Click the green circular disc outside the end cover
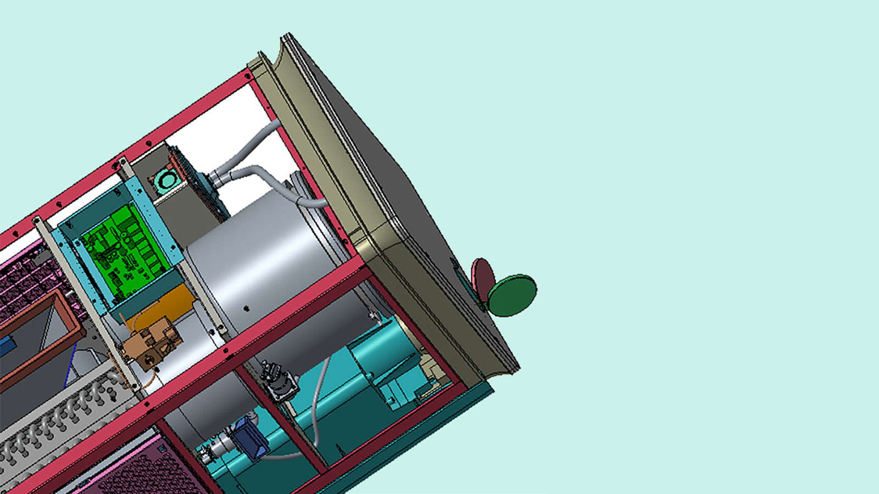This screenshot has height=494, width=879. [x=512, y=295]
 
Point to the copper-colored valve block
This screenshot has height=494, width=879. [x=151, y=343]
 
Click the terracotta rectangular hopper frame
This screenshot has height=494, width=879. [x=41, y=329]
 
